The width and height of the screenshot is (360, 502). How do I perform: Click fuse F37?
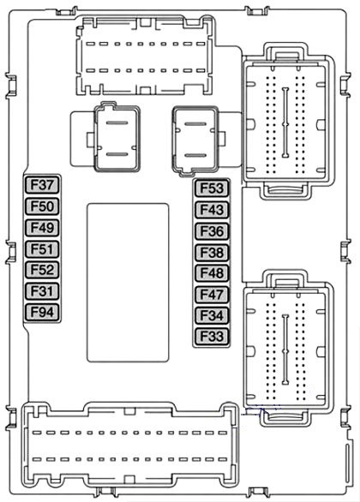point(42,185)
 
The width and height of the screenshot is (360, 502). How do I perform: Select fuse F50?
point(42,206)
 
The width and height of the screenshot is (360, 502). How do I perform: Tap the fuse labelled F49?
point(42,228)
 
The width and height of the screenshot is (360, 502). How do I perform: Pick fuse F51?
point(42,248)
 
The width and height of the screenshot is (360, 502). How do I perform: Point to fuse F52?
point(42,270)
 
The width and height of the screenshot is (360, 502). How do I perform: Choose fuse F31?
point(42,291)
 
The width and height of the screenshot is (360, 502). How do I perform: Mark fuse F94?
point(42,312)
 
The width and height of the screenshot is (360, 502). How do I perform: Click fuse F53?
point(212,188)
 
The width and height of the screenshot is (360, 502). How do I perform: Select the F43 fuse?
point(212,210)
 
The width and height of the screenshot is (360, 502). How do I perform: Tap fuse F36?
point(212,231)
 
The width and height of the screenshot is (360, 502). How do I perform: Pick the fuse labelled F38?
point(212,252)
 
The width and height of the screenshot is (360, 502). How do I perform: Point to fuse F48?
point(212,273)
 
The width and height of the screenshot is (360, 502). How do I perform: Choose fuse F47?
point(212,294)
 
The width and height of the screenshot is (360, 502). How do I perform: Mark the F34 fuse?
point(212,315)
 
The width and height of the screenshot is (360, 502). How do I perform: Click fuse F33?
point(212,337)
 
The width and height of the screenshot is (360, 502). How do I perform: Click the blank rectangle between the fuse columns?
point(128,283)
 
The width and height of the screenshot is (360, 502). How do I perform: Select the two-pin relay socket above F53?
point(195,140)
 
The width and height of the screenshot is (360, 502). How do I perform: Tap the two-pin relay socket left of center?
point(117,138)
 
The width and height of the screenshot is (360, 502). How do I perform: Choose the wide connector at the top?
point(144,56)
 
